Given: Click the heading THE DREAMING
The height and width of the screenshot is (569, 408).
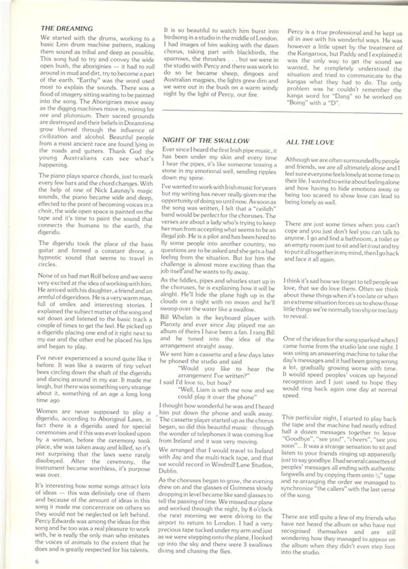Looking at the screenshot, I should [66, 29].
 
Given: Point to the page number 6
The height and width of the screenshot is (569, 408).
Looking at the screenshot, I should [37, 561].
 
